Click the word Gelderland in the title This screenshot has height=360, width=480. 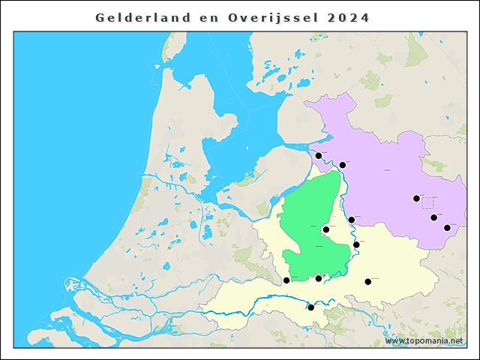pos(138,17)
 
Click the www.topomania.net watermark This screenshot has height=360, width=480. pos(424,340)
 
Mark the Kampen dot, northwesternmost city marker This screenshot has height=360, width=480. pos(319,156)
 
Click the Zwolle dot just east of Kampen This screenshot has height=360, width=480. pos(343,165)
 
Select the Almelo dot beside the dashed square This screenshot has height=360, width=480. pos(416,199)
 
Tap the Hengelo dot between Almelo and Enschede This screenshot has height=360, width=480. pos(433,217)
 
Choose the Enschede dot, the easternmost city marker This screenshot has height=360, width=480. pos(447,227)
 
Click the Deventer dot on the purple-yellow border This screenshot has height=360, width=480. pos(352,220)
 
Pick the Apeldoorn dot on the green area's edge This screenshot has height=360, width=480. pos(326,230)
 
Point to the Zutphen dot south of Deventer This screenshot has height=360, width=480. pos(356,244)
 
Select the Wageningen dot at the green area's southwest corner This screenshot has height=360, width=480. pos(286,280)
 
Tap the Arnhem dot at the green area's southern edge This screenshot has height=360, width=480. pos(319,278)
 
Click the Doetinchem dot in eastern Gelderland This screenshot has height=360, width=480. pos(368,282)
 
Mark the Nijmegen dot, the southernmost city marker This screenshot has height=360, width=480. pos(311,307)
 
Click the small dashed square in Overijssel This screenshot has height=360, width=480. pos(427,202)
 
